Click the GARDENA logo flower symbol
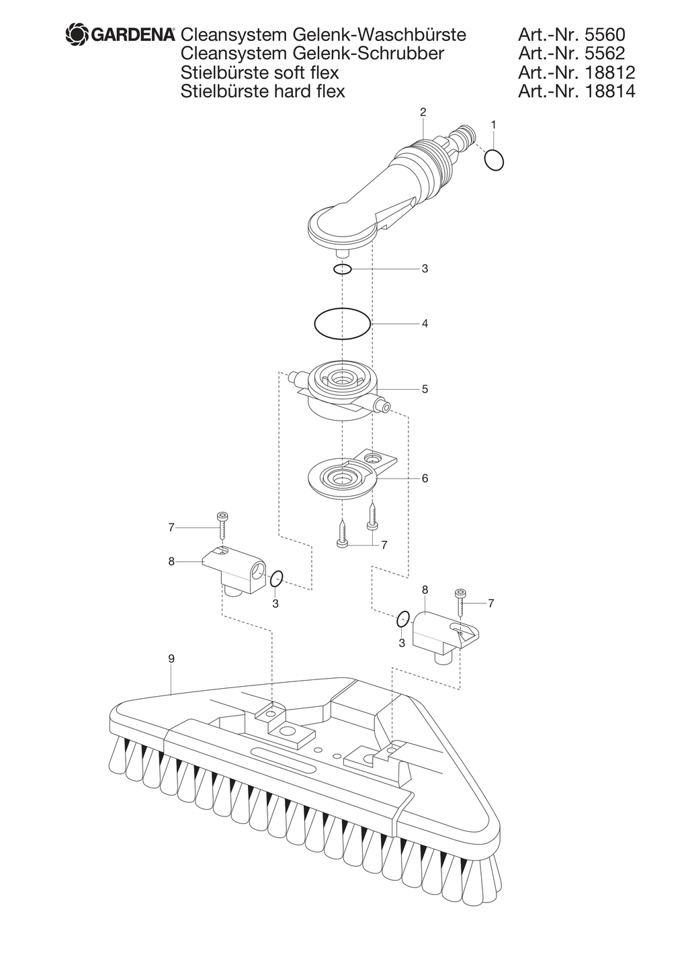pos(77,35)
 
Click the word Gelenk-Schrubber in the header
pos(369,54)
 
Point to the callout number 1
pos(493,125)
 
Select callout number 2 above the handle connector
pos(423,112)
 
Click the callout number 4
pos(425,324)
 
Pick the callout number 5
pos(425,389)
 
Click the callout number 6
pos(425,478)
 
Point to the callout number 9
pos(171,659)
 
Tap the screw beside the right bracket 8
pos(461,603)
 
